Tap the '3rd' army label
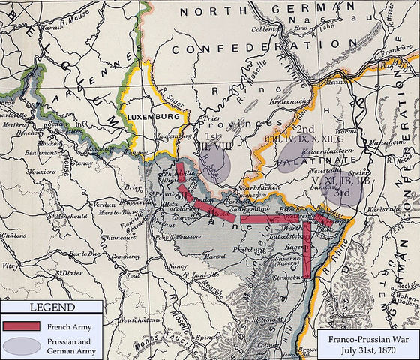coord(343,192)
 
